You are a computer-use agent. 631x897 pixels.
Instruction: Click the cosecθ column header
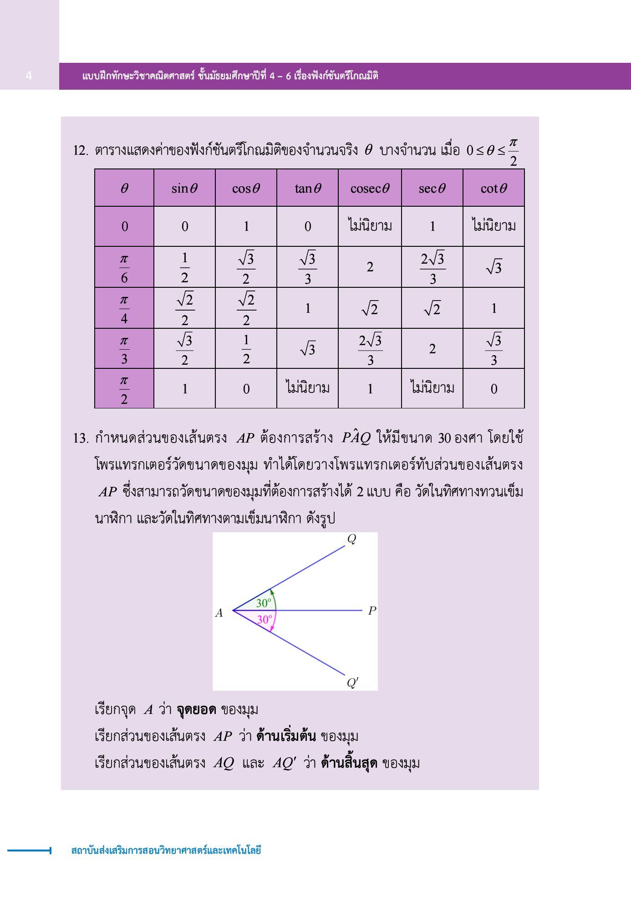370,188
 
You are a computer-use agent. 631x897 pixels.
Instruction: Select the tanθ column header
307,188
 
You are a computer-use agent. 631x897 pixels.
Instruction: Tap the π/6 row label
124,267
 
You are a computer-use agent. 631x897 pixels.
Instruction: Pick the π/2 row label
124,389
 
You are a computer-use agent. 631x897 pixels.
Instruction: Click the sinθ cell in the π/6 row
184,267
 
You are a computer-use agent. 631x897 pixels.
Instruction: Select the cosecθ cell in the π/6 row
370,267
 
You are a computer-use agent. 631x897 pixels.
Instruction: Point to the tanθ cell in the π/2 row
307,388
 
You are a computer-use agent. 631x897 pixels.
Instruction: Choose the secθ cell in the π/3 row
432,349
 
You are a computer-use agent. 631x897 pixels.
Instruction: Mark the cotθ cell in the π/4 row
494,308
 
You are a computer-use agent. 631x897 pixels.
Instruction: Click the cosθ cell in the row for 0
246,226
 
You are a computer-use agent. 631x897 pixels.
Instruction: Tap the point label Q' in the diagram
352,683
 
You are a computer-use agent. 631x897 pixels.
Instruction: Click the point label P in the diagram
372,611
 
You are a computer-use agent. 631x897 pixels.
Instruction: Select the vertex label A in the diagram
219,613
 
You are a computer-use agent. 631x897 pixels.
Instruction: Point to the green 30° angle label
264,603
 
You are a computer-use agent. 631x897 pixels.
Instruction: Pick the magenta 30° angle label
265,619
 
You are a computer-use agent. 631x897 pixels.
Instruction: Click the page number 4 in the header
29,76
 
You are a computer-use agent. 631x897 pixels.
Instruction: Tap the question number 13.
80,438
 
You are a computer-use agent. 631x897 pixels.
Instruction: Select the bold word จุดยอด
196,709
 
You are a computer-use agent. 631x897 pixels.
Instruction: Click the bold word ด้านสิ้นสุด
349,763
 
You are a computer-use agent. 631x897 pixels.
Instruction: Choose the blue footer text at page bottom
166,850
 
